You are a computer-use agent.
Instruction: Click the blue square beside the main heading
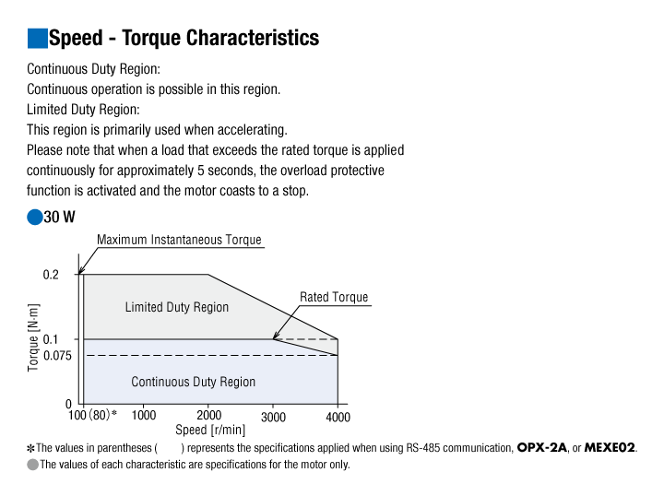(x=37, y=38)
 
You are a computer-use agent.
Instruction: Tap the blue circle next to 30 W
(x=35, y=217)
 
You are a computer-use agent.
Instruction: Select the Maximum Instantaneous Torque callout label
(x=179, y=240)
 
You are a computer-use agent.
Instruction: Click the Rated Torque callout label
(x=334, y=297)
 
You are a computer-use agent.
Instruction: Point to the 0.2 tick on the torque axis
(x=51, y=275)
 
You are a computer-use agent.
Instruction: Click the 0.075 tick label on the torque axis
(x=57, y=356)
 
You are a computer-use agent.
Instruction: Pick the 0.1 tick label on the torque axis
(x=51, y=339)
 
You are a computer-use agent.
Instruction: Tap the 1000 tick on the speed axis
(x=144, y=415)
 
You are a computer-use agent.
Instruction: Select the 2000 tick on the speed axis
(x=208, y=415)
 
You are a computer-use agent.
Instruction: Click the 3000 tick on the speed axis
(x=273, y=418)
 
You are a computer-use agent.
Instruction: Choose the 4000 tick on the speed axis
(x=338, y=418)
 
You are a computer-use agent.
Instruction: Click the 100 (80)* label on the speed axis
(x=92, y=415)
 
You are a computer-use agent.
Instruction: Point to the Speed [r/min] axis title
(x=210, y=430)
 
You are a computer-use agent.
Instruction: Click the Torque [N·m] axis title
(x=33, y=337)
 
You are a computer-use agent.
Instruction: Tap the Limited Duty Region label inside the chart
(x=176, y=307)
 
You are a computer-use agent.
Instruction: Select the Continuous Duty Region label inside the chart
(x=193, y=382)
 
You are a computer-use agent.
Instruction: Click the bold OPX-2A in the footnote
(x=542, y=448)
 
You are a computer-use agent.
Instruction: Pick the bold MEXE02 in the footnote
(x=610, y=448)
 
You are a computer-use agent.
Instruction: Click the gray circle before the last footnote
(x=32, y=465)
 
